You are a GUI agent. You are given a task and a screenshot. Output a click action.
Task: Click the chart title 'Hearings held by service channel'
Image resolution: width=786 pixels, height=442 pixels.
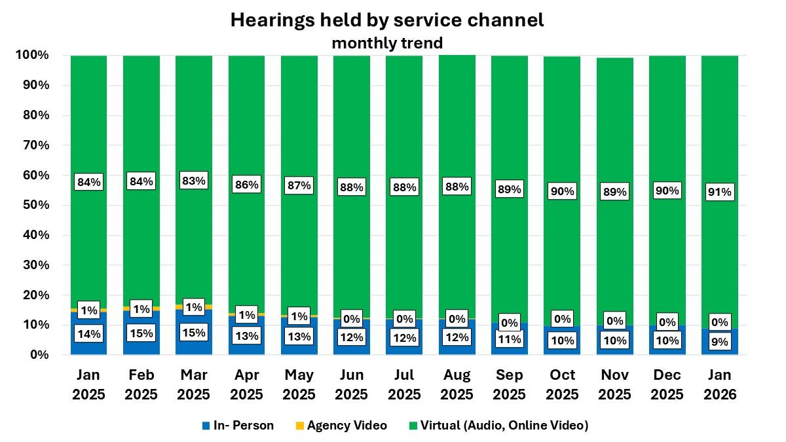(386, 20)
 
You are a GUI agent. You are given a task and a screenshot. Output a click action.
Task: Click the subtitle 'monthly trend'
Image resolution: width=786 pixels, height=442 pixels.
(386, 43)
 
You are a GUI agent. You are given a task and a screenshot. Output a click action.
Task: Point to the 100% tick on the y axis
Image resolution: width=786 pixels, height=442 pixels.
(31, 55)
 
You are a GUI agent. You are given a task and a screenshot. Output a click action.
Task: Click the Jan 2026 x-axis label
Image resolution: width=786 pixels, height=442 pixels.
(719, 385)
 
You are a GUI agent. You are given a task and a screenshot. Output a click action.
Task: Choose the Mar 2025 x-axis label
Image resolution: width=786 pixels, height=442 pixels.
(194, 385)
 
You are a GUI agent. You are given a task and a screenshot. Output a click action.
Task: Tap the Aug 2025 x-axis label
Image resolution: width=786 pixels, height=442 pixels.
(457, 385)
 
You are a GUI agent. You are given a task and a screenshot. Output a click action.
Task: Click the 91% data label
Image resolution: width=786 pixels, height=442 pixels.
(719, 192)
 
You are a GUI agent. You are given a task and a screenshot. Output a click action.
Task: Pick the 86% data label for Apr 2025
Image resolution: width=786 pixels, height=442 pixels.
(246, 185)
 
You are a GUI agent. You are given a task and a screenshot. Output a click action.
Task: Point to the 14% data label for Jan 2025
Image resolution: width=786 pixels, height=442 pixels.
(88, 333)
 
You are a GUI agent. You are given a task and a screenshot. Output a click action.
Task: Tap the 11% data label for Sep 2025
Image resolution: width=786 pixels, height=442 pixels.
(509, 339)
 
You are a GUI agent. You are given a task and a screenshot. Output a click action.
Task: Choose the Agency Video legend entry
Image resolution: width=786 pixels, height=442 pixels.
(340, 426)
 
